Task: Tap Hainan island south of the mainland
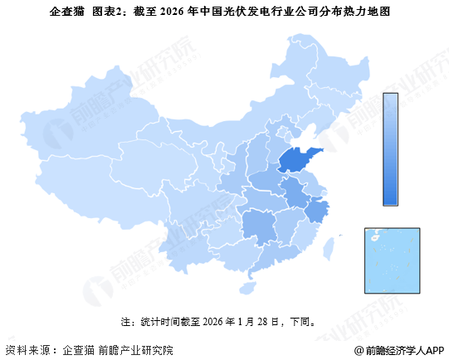click(246, 284)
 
